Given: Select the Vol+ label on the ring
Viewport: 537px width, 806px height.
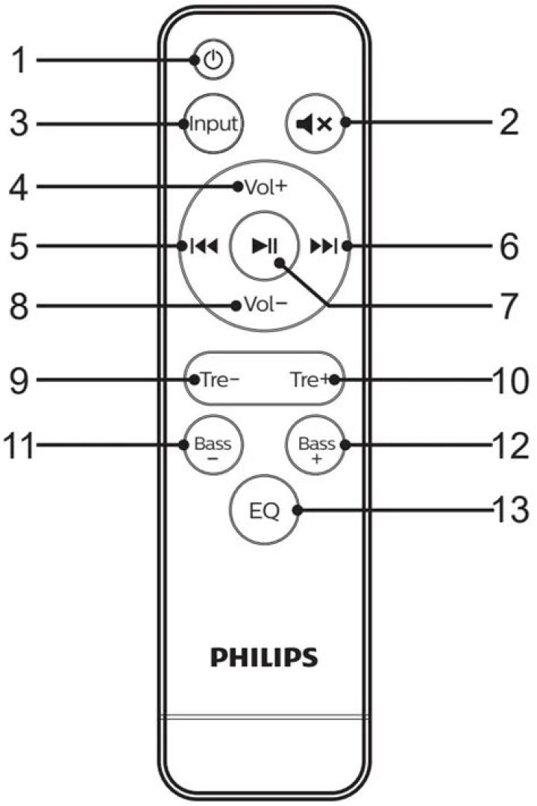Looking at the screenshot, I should (x=261, y=187).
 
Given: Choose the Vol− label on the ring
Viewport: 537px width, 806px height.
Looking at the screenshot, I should (x=261, y=305).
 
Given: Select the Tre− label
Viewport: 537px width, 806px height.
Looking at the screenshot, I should (x=216, y=379).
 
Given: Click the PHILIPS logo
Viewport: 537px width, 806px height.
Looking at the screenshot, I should (x=264, y=657).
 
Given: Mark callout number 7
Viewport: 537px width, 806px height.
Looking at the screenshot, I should (x=508, y=306).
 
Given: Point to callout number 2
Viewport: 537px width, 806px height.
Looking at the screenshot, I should (x=509, y=124).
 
